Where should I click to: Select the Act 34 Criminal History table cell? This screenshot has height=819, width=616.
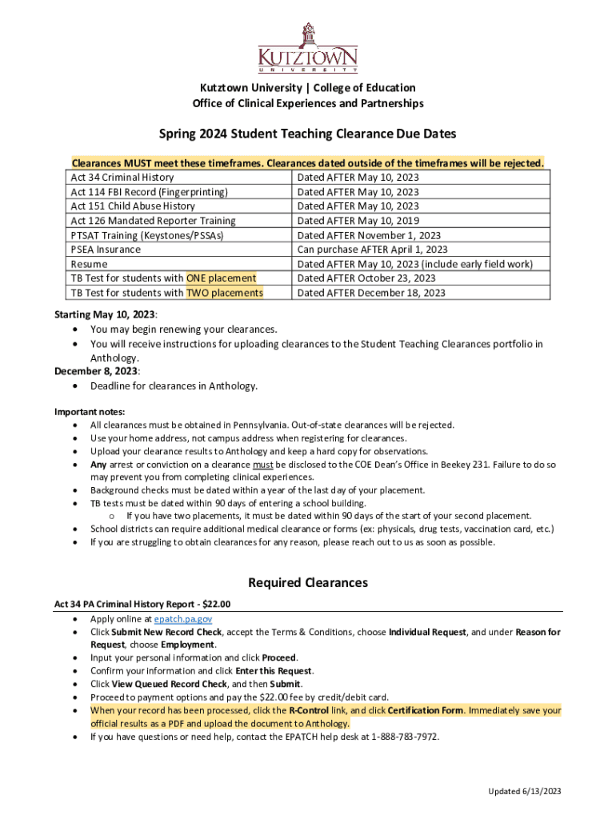122,178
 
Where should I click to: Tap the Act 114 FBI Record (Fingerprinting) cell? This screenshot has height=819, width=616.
150,192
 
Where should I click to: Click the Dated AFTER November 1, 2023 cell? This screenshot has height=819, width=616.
369,235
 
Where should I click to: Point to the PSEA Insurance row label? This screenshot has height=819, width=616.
106,250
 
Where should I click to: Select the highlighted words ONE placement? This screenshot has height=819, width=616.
222,278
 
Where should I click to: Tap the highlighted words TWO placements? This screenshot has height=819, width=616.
225,293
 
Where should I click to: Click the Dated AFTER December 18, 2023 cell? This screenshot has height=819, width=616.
371,293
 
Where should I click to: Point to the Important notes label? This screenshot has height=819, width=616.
87,411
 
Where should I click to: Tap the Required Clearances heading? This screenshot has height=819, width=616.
308,582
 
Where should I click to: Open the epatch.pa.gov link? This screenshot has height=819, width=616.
183,619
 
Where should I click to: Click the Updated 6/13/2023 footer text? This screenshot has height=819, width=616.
526,791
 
